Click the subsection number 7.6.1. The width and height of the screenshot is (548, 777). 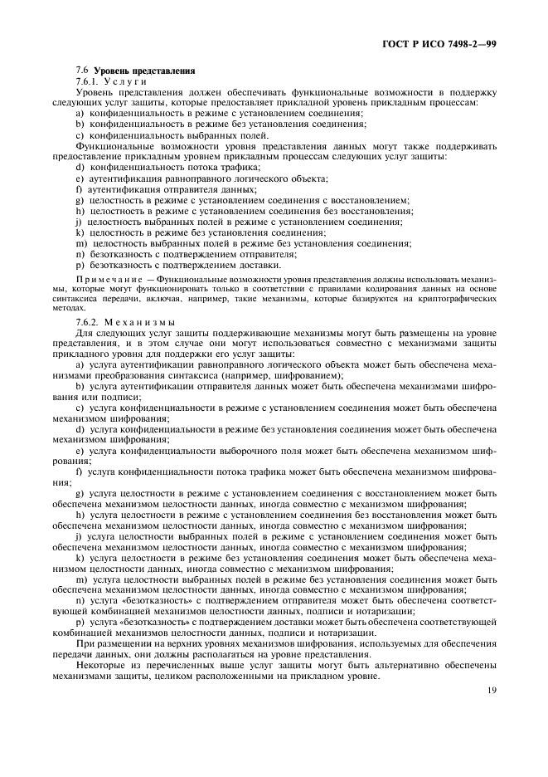[87, 81]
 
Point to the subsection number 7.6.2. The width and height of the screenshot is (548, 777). [87, 321]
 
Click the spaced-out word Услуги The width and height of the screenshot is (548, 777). [125, 81]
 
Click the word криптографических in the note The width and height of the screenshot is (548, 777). [461, 298]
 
